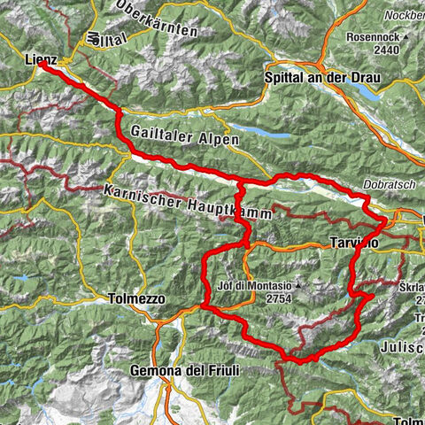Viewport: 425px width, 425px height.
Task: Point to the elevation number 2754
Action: point(255,300)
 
